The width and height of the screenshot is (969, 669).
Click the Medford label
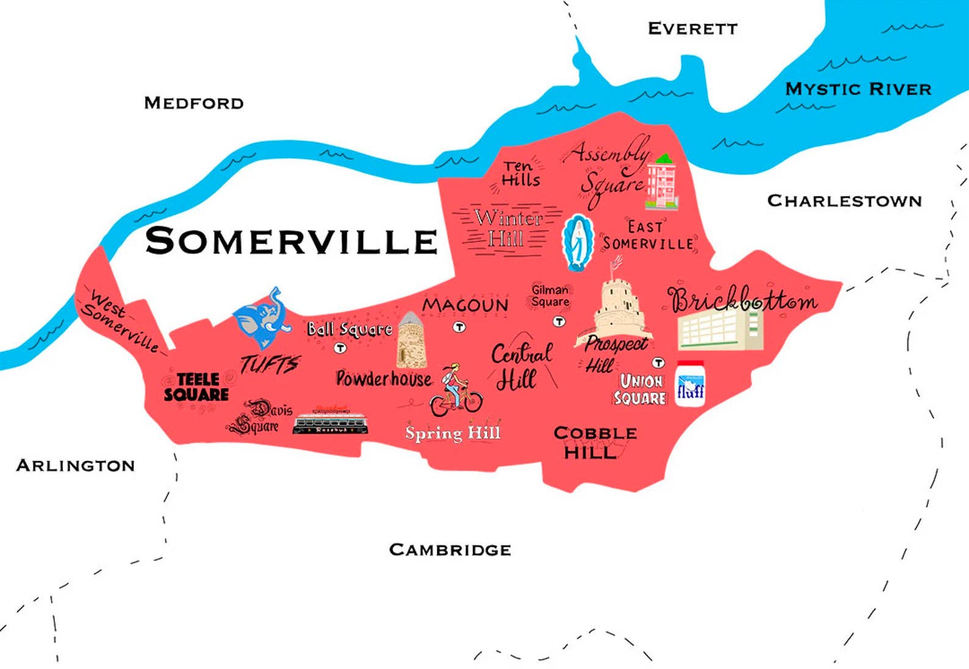click(x=193, y=103)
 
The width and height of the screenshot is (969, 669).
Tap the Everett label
click(x=692, y=28)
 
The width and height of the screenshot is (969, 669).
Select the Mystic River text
click(x=858, y=89)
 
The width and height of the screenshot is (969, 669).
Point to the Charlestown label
click(x=844, y=201)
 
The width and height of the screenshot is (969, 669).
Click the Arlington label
click(x=75, y=466)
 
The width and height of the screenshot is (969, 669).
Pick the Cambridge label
click(x=450, y=550)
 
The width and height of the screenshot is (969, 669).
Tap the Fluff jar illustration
click(x=691, y=384)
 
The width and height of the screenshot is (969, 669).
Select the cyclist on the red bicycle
click(x=455, y=391)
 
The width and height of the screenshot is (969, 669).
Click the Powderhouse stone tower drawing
click(x=412, y=340)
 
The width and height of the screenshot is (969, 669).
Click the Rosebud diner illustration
click(x=330, y=421)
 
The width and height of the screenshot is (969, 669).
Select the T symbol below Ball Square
click(x=340, y=348)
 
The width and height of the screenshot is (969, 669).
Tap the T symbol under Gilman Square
click(x=558, y=321)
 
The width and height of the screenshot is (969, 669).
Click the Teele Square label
click(x=196, y=387)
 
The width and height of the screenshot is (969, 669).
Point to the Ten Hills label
click(x=520, y=173)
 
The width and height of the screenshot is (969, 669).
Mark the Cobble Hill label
click(x=594, y=443)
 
